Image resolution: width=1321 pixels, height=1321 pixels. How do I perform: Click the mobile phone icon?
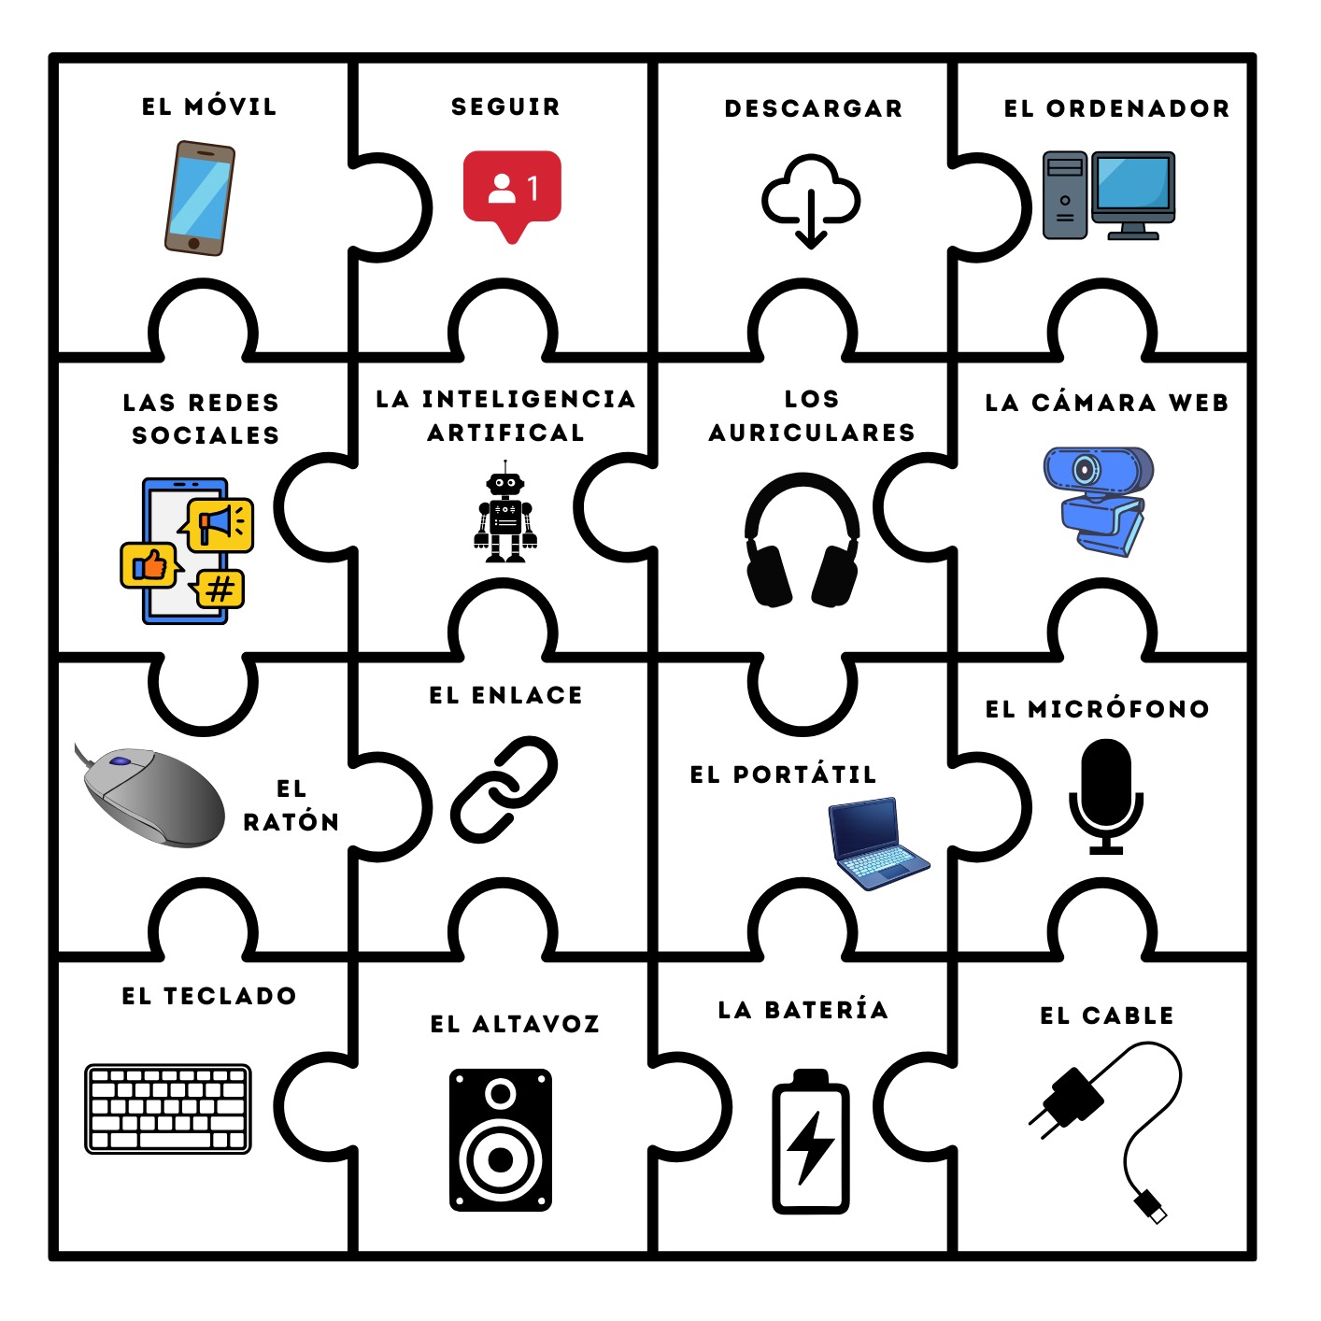(199, 198)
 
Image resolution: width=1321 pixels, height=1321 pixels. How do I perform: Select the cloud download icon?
(811, 199)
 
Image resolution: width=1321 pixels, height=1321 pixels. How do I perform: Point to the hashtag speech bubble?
(220, 589)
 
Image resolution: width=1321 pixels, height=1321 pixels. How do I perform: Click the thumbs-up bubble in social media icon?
(149, 565)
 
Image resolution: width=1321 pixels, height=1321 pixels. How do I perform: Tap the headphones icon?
(803, 541)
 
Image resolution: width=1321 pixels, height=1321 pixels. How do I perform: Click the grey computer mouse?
(154, 796)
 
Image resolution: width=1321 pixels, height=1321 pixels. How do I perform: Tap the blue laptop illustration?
(875, 843)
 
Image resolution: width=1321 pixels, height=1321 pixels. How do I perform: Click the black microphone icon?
(1106, 795)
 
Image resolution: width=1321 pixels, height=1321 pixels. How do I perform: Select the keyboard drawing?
(168, 1108)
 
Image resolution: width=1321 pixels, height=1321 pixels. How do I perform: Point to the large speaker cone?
(501, 1159)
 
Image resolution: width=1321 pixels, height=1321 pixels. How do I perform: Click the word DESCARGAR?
(814, 108)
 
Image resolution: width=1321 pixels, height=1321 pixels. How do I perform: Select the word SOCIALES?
(206, 435)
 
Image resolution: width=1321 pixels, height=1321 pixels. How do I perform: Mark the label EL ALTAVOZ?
(515, 1024)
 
